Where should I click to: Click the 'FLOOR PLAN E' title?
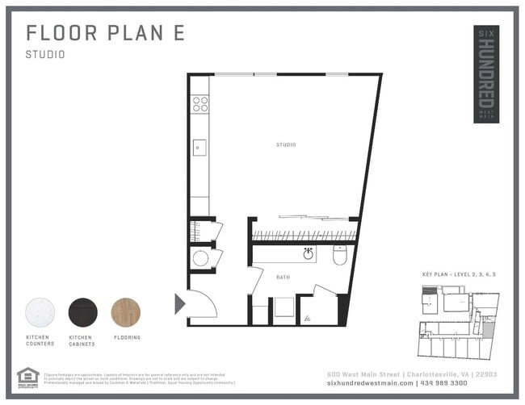pyautogui.click(x=105, y=33)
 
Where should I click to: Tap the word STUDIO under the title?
pyautogui.click(x=45, y=56)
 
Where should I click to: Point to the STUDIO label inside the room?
pyautogui.click(x=285, y=145)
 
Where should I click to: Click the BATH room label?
pyautogui.click(x=283, y=278)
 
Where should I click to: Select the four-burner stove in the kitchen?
pyautogui.click(x=199, y=103)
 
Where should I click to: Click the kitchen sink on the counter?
pyautogui.click(x=199, y=148)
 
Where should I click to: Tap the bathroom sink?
pyautogui.click(x=309, y=254)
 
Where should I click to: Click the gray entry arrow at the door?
pyautogui.click(x=179, y=303)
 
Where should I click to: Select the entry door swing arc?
pyautogui.click(x=203, y=303)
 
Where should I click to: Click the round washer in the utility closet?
pyautogui.click(x=199, y=258)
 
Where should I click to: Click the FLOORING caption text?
pyautogui.click(x=127, y=337)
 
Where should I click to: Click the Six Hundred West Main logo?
pyautogui.click(x=485, y=75)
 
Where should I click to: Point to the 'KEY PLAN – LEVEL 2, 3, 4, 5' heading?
pyautogui.click(x=459, y=275)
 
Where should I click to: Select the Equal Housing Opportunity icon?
pyautogui.click(x=27, y=377)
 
